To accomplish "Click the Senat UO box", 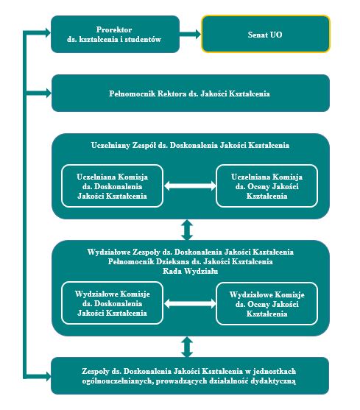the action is [x=265, y=34].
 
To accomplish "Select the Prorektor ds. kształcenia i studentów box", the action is [x=115, y=34].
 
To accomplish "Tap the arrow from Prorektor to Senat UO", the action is [x=190, y=34].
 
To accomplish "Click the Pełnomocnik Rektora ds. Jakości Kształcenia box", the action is [x=191, y=93].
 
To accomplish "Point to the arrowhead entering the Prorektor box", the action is [x=48, y=32].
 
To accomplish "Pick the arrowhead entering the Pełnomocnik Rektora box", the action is [x=49, y=93].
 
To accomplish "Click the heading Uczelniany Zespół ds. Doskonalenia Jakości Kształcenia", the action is [x=190, y=145].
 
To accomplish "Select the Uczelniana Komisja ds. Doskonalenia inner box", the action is [x=112, y=186].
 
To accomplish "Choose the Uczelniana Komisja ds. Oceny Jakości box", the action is [x=267, y=186].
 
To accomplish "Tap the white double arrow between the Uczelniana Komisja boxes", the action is [x=190, y=186].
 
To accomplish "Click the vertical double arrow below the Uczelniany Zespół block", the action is [x=187, y=230].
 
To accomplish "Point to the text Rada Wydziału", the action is [x=191, y=271].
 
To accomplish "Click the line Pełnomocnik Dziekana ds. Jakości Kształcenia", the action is [x=191, y=261].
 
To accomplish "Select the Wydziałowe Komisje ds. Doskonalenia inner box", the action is [x=112, y=303].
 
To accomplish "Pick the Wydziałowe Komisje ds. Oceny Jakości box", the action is [x=267, y=304].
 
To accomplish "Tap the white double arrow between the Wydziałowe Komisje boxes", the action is [x=190, y=303].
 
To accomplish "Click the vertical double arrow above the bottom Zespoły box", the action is [x=187, y=347].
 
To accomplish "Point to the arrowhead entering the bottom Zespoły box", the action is [x=48, y=377].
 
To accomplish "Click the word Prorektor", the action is [x=114, y=29].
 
